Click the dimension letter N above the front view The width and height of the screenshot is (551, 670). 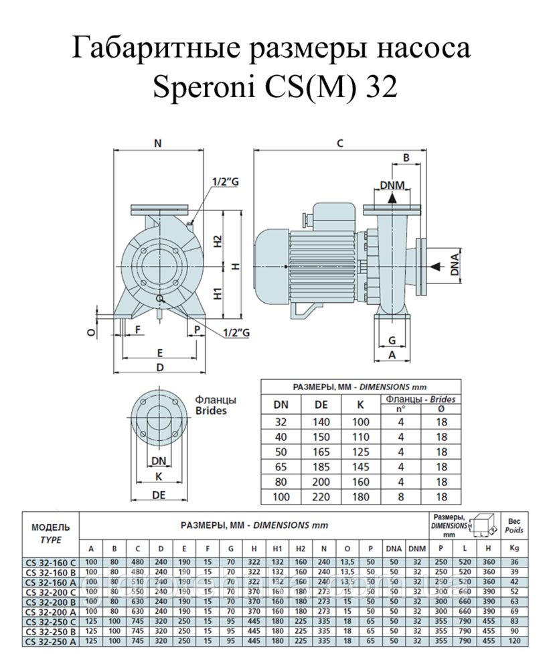[x=158, y=143]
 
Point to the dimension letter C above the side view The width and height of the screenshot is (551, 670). [x=339, y=143]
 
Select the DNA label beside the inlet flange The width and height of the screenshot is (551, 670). [x=455, y=265]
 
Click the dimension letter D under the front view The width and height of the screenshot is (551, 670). [x=160, y=367]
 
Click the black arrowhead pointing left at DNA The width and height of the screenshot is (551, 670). [x=435, y=266]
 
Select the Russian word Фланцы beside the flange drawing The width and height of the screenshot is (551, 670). [x=216, y=400]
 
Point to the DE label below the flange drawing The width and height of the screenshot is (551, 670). [x=159, y=494]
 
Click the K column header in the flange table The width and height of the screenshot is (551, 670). [x=360, y=405]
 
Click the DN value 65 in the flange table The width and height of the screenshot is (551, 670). [x=280, y=466]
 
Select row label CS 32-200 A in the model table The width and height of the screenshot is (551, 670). [x=51, y=610]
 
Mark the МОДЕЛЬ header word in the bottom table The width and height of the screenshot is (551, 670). [x=51, y=527]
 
